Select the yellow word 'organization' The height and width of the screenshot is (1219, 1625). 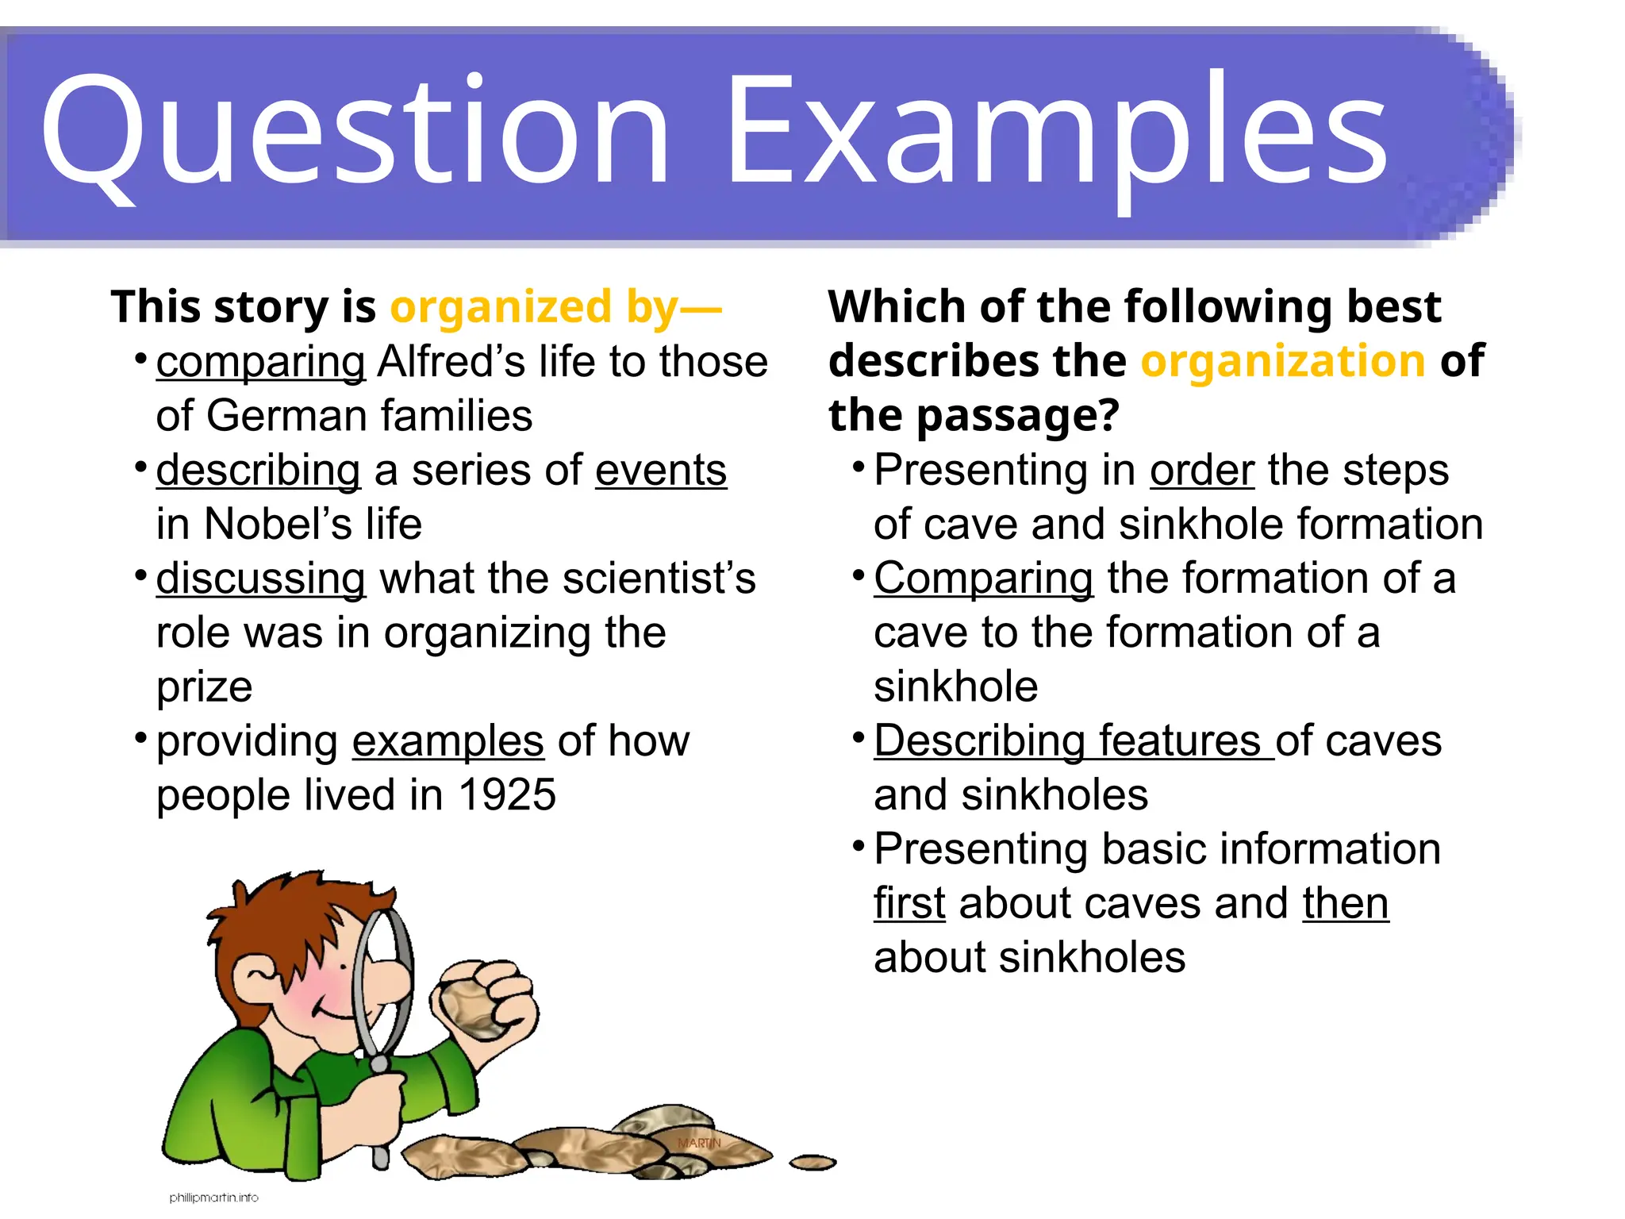pos(1283,361)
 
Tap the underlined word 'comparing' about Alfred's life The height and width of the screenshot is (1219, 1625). pos(260,363)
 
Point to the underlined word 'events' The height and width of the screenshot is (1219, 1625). pos(660,471)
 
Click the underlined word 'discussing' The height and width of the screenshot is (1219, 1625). pos(260,579)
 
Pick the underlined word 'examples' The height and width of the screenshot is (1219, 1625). pos(448,741)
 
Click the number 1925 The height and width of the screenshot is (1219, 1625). pos(507,795)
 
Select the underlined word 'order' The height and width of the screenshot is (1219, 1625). pos(1202,471)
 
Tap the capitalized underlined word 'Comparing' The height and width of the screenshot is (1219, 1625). pos(983,579)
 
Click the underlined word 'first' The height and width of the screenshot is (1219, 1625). pos(909,903)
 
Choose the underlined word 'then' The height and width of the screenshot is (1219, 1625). pos(1345,903)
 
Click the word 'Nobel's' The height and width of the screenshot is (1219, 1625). pos(278,525)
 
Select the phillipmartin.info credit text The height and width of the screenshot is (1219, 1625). pos(213,1198)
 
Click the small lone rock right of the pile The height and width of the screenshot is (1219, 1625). pos(812,1163)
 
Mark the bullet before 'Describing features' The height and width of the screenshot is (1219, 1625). pos(858,738)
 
